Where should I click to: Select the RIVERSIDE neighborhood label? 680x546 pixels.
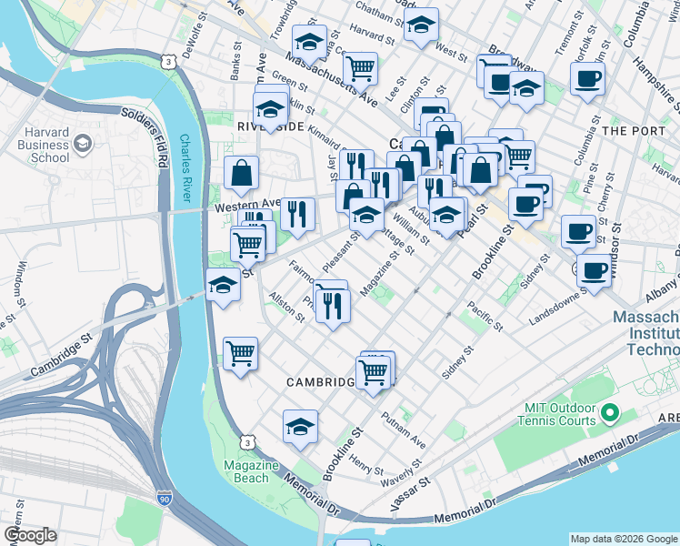tap(270, 126)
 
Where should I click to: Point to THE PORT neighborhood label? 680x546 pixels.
tap(633, 131)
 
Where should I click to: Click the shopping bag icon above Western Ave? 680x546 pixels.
tap(242, 172)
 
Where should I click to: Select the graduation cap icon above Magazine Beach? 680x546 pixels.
tap(301, 426)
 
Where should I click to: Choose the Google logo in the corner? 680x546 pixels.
tap(30, 535)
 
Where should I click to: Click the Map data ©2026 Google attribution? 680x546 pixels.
tap(623, 539)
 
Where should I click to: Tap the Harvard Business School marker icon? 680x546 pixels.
tap(83, 143)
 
